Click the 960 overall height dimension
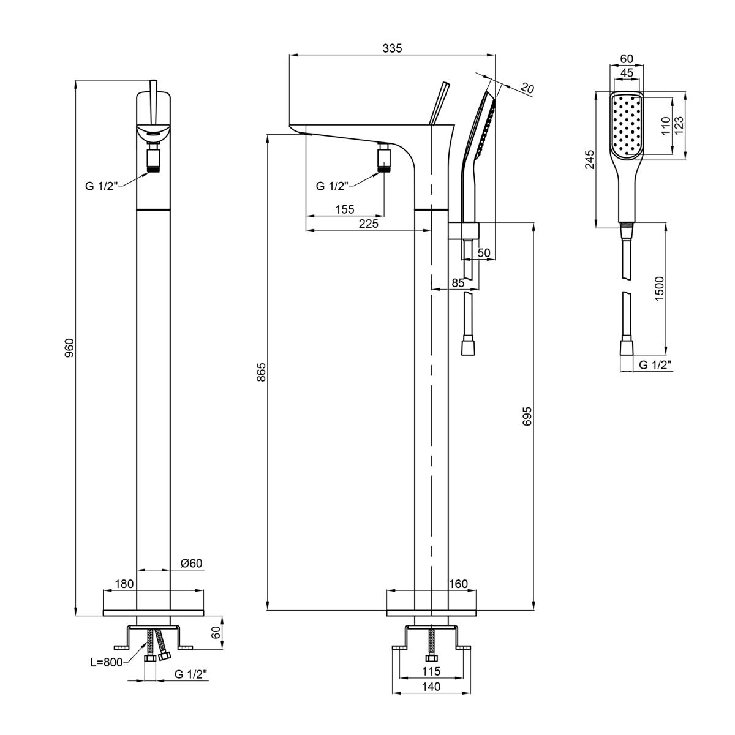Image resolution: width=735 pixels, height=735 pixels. point(69,347)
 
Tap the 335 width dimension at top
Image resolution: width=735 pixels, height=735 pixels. point(392,48)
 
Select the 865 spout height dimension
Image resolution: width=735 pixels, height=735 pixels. point(262,372)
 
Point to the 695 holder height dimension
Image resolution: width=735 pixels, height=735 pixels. point(527,416)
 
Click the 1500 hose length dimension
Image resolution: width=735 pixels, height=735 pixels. point(659,288)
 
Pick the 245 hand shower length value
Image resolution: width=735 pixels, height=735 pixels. point(590,159)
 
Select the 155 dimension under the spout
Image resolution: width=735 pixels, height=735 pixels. point(345,209)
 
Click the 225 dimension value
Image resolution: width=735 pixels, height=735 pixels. point(369,224)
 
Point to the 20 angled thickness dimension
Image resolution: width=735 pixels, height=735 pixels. point(527,88)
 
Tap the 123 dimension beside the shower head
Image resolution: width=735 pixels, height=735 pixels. point(679,125)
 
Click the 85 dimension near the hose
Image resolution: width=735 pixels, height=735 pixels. point(458,282)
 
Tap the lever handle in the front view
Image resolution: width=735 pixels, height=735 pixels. point(153,103)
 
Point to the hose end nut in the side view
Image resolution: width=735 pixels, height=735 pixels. point(469,347)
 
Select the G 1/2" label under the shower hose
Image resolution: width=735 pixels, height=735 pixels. point(655,365)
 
